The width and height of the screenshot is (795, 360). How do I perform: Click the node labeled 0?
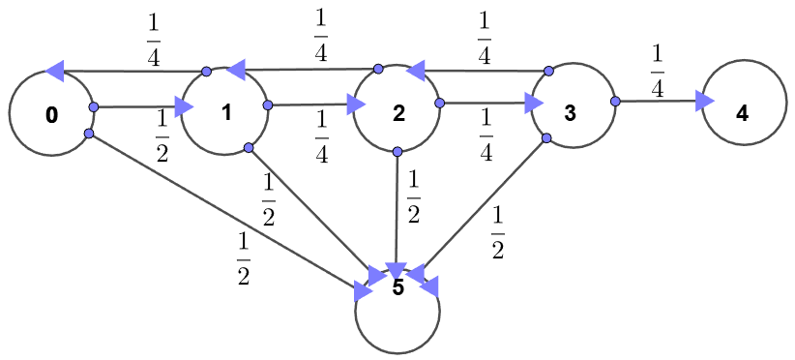(51, 113)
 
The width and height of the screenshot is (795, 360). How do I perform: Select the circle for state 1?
(224, 110)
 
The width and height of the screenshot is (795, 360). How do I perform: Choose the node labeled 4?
(743, 111)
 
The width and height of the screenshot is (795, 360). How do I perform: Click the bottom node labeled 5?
(397, 310)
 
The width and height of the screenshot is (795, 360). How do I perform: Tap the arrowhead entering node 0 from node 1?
(55, 71)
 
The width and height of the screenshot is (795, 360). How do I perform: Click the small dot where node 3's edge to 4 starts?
(614, 101)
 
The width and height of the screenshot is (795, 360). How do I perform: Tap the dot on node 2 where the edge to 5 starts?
(398, 151)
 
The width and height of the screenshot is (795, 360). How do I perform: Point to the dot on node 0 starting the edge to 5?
(88, 134)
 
